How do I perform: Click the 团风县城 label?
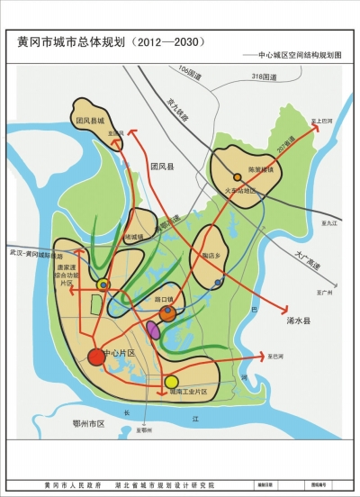pyautogui.click(x=90, y=120)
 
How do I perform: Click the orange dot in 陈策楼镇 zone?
pyautogui.click(x=238, y=177)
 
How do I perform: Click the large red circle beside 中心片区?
pyautogui.click(x=96, y=356)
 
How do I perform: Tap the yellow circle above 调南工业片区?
pyautogui.click(x=172, y=382)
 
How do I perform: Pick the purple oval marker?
pyautogui.click(x=153, y=331)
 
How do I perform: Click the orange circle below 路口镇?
pyautogui.click(x=166, y=313)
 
